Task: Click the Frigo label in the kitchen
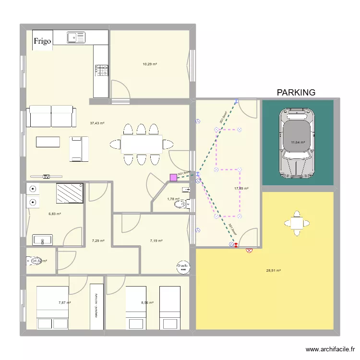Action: click(42, 41)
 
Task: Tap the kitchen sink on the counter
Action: click(76, 37)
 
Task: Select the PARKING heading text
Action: click(296, 93)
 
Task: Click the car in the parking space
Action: click(298, 143)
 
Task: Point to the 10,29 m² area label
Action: click(150, 64)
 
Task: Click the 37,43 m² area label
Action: click(97, 123)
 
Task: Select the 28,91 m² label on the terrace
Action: click(274, 271)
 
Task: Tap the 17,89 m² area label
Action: click(241, 189)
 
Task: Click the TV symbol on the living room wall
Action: click(46, 177)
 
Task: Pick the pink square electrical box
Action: click(173, 178)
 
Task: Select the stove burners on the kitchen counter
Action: click(102, 71)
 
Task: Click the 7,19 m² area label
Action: click(156, 241)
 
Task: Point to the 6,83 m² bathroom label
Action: click(55, 214)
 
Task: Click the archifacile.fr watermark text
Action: click(331, 350)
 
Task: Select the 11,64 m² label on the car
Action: click(298, 142)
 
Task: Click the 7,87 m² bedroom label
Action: click(64, 303)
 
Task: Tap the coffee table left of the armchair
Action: click(48, 142)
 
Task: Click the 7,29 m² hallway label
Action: click(98, 241)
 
